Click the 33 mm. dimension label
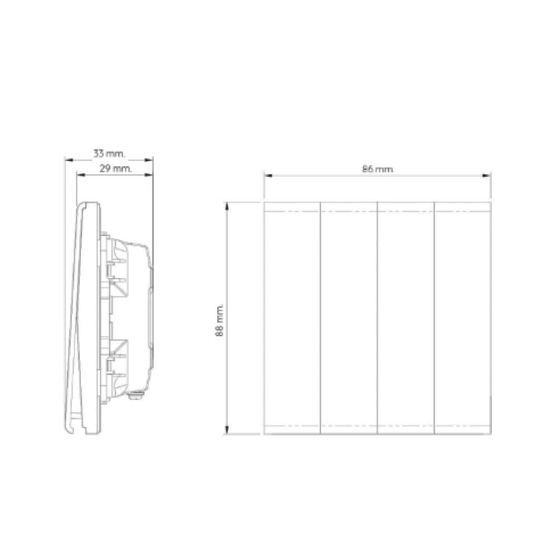[x=109, y=154]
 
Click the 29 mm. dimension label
[x=115, y=169]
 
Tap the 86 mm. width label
[x=378, y=169]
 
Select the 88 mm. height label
[x=220, y=320]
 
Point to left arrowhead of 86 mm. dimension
[x=268, y=176]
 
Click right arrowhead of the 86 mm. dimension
[x=487, y=176]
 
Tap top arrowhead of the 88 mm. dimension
[x=226, y=207]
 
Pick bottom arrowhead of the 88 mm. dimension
[x=226, y=430]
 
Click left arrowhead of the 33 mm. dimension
[x=69, y=160]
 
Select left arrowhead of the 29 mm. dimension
[x=81, y=175]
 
